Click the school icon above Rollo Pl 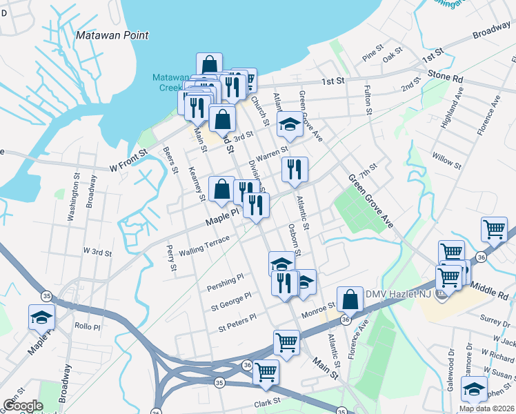(x=41, y=317)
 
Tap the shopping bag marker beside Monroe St (x=350, y=300)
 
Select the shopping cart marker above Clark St (x=266, y=373)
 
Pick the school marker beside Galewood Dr (x=474, y=389)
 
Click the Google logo (x=23, y=406)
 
